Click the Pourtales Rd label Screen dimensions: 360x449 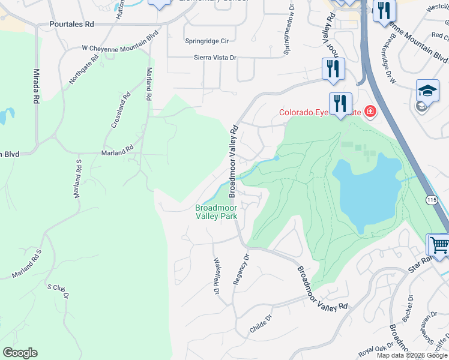[72, 25]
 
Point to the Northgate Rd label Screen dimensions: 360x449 [83, 71]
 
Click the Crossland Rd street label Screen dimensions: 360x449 [121, 109]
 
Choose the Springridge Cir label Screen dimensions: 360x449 [207, 41]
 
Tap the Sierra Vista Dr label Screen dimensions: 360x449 [215, 58]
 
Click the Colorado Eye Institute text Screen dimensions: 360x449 [320, 112]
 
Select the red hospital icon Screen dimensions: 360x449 [370, 112]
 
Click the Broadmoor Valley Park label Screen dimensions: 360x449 [216, 212]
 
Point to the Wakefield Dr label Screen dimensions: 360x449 [217, 276]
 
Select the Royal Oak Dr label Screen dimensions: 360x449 [375, 347]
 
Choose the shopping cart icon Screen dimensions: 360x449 [439, 245]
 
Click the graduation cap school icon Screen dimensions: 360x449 [428, 91]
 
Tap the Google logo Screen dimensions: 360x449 [20, 353]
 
